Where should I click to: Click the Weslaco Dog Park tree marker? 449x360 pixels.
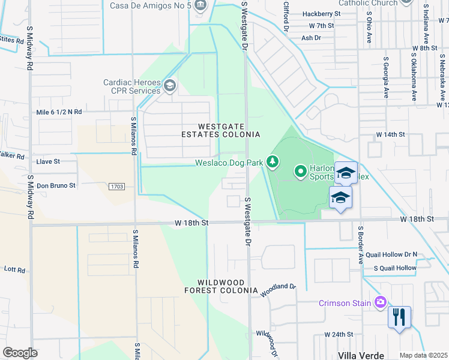(x=273, y=161)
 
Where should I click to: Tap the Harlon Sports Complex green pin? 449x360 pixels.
(x=301, y=172)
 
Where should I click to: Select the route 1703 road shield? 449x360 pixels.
(x=118, y=187)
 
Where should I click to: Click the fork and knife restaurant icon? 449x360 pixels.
(x=399, y=316)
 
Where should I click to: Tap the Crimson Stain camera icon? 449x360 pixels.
(x=379, y=302)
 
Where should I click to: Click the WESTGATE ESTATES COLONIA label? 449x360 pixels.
(x=229, y=130)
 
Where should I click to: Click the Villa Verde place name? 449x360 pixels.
(x=360, y=355)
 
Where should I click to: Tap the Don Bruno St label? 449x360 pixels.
(x=56, y=186)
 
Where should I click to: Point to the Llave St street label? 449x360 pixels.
(x=49, y=161)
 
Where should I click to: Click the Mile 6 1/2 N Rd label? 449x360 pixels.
(x=59, y=112)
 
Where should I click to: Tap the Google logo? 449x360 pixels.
(x=20, y=352)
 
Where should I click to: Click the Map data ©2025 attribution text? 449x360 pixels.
(x=424, y=355)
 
